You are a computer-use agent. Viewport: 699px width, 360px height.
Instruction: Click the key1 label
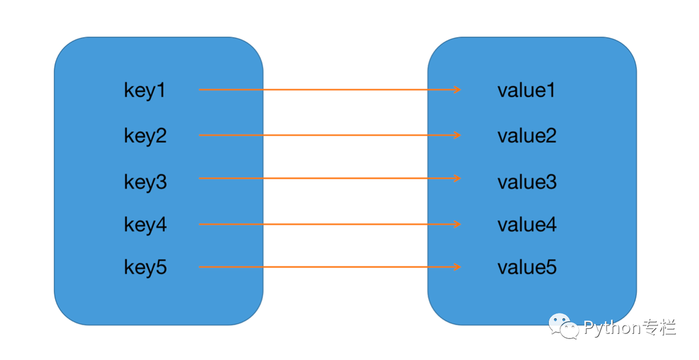pos(145,91)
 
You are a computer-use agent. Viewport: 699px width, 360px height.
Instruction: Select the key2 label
pos(145,136)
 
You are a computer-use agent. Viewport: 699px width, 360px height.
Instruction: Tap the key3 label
pos(145,182)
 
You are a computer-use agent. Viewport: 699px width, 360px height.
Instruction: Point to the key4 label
pos(145,225)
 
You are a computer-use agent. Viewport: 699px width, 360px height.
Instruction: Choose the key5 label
pos(145,267)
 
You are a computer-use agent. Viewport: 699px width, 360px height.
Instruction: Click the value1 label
pos(527,90)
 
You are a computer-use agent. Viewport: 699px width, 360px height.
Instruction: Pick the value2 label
pos(527,135)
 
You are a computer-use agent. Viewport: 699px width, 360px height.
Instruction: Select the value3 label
pos(527,182)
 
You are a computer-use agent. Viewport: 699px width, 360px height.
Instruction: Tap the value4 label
pos(527,225)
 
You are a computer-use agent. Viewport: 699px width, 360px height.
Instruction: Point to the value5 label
pos(527,267)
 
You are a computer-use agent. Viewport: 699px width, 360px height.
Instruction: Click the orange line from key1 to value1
pos(330,90)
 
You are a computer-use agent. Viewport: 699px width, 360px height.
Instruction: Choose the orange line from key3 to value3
pos(330,178)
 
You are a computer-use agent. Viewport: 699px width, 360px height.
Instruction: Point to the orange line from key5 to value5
pos(330,267)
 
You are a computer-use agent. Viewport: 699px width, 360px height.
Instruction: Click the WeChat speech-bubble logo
pos(564,326)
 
